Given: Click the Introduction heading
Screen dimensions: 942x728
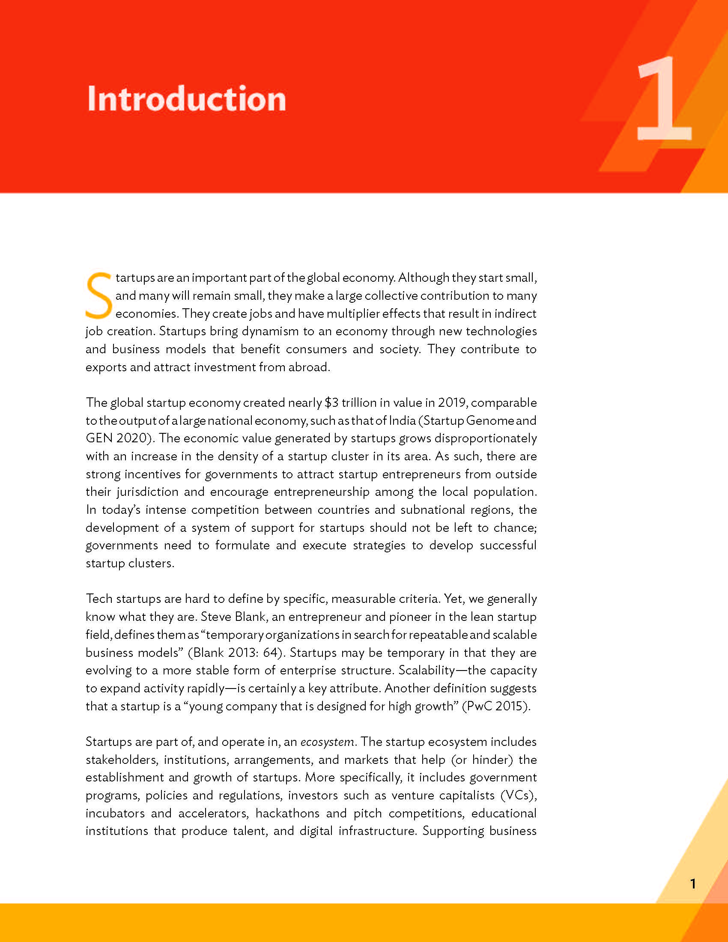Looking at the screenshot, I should point(186,99).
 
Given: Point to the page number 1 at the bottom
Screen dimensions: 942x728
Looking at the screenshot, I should point(692,884).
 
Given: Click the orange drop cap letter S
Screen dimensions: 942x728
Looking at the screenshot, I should point(99,295).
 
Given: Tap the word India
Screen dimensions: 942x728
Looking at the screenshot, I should point(402,420).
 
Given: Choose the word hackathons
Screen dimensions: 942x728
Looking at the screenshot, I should point(288,813).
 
